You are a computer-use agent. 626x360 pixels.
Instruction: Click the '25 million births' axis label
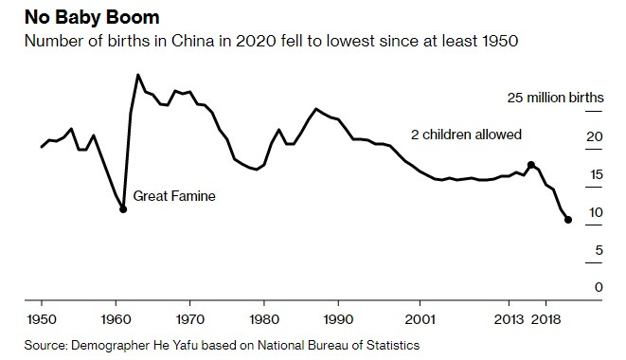554,98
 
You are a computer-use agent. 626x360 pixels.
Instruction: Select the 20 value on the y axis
594,136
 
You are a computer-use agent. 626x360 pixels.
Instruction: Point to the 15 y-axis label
594,174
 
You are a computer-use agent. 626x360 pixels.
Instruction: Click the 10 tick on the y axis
594,212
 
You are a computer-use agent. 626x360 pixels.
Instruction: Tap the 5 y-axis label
598,250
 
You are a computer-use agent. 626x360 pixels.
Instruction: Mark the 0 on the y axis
598,287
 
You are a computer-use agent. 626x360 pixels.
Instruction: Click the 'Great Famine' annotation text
174,197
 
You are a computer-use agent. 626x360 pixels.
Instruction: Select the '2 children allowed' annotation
466,135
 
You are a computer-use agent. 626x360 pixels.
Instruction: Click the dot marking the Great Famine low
123,209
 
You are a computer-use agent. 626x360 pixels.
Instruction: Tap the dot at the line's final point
568,220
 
